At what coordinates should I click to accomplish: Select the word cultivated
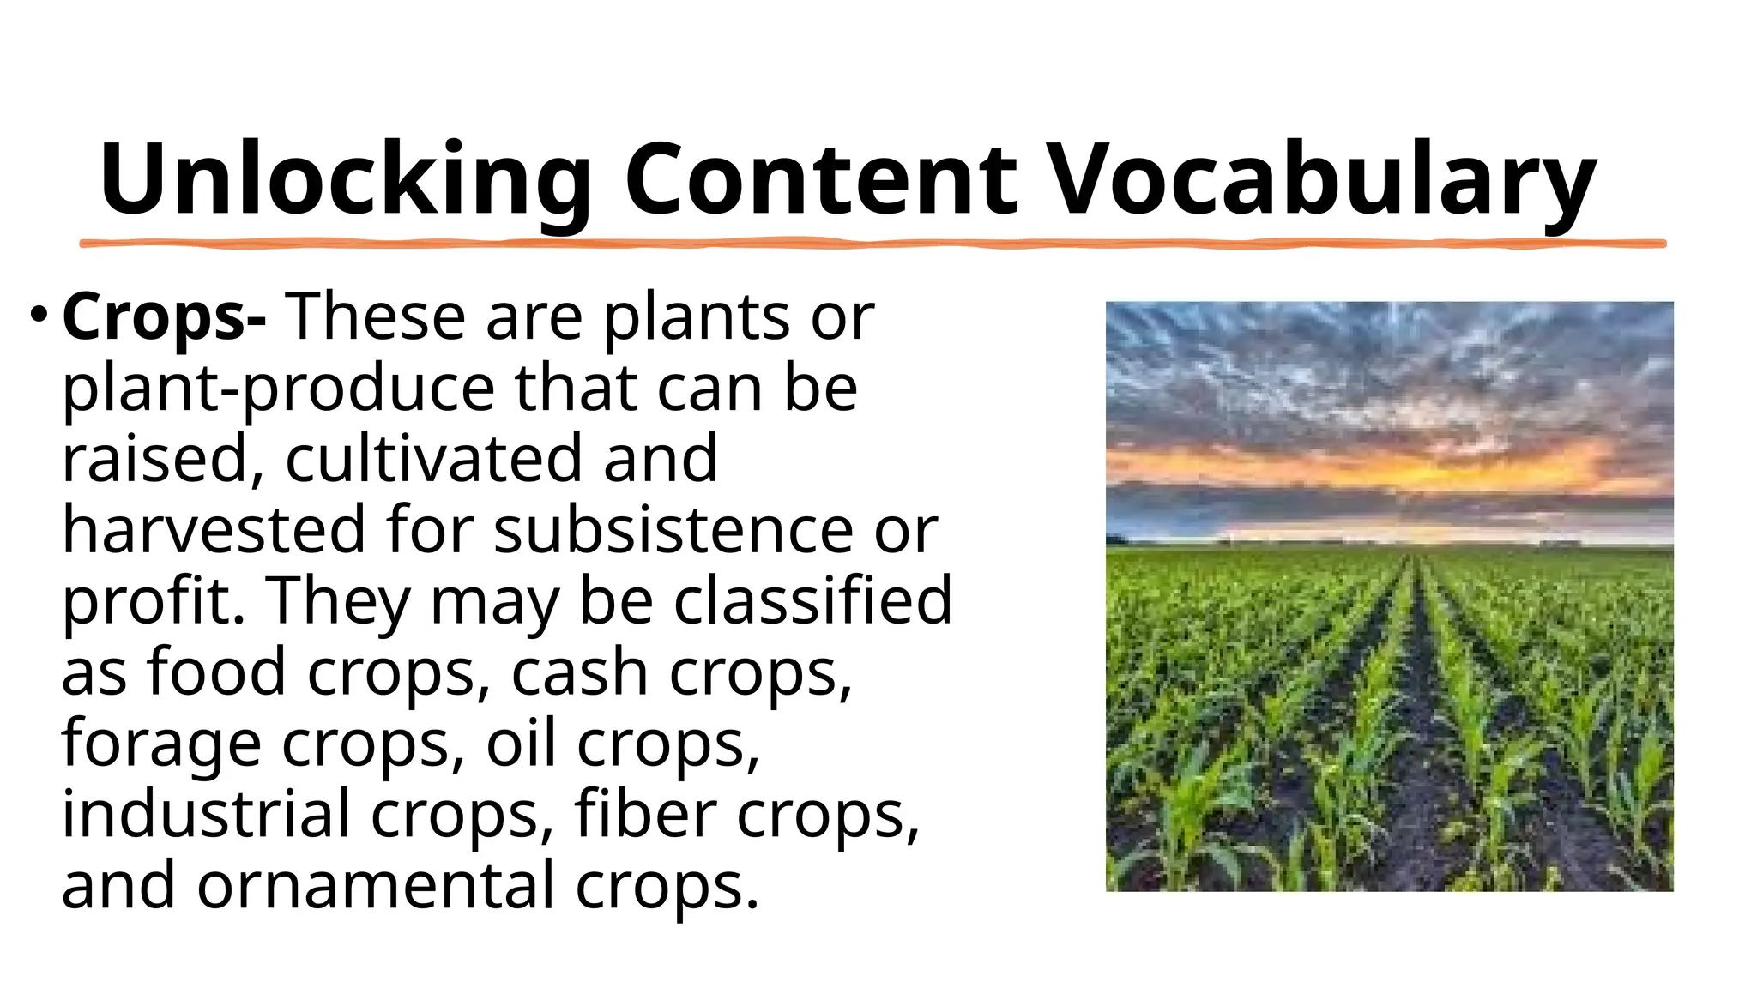click(x=433, y=459)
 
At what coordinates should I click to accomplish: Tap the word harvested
click(x=214, y=530)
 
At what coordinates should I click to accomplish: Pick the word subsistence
click(x=673, y=530)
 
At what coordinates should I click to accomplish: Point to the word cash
click(x=579, y=672)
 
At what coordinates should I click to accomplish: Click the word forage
click(x=161, y=744)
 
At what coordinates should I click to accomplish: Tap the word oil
click(x=521, y=744)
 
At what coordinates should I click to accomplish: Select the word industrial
click(x=205, y=814)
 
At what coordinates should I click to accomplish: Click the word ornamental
click(x=376, y=885)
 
